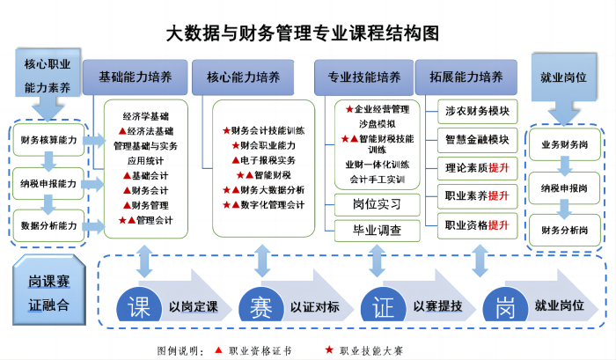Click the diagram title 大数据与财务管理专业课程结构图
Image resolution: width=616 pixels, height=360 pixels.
point(302,33)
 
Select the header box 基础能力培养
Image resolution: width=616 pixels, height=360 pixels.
point(136,77)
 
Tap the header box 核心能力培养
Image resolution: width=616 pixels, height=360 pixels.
point(243,77)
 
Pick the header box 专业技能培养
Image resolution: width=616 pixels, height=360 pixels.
point(363,77)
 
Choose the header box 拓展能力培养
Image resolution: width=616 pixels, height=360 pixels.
point(466,77)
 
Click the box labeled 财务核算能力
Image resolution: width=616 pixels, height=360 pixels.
point(48,140)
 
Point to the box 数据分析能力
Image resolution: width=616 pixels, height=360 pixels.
point(48,225)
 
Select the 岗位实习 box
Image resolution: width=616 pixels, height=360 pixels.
point(378,204)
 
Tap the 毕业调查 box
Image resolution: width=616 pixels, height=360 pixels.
point(378,231)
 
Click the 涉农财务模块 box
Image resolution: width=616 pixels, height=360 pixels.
point(477,111)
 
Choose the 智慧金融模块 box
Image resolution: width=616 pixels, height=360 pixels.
point(477,140)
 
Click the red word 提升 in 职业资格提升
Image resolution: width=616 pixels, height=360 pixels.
point(498,225)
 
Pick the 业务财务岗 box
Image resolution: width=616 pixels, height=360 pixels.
point(565,144)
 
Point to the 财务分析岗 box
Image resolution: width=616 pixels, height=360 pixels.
point(565,231)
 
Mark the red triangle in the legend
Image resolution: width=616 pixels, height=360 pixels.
point(219,349)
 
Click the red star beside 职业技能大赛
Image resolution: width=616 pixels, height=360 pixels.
point(329,349)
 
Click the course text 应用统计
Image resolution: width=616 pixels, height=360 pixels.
point(145,161)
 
